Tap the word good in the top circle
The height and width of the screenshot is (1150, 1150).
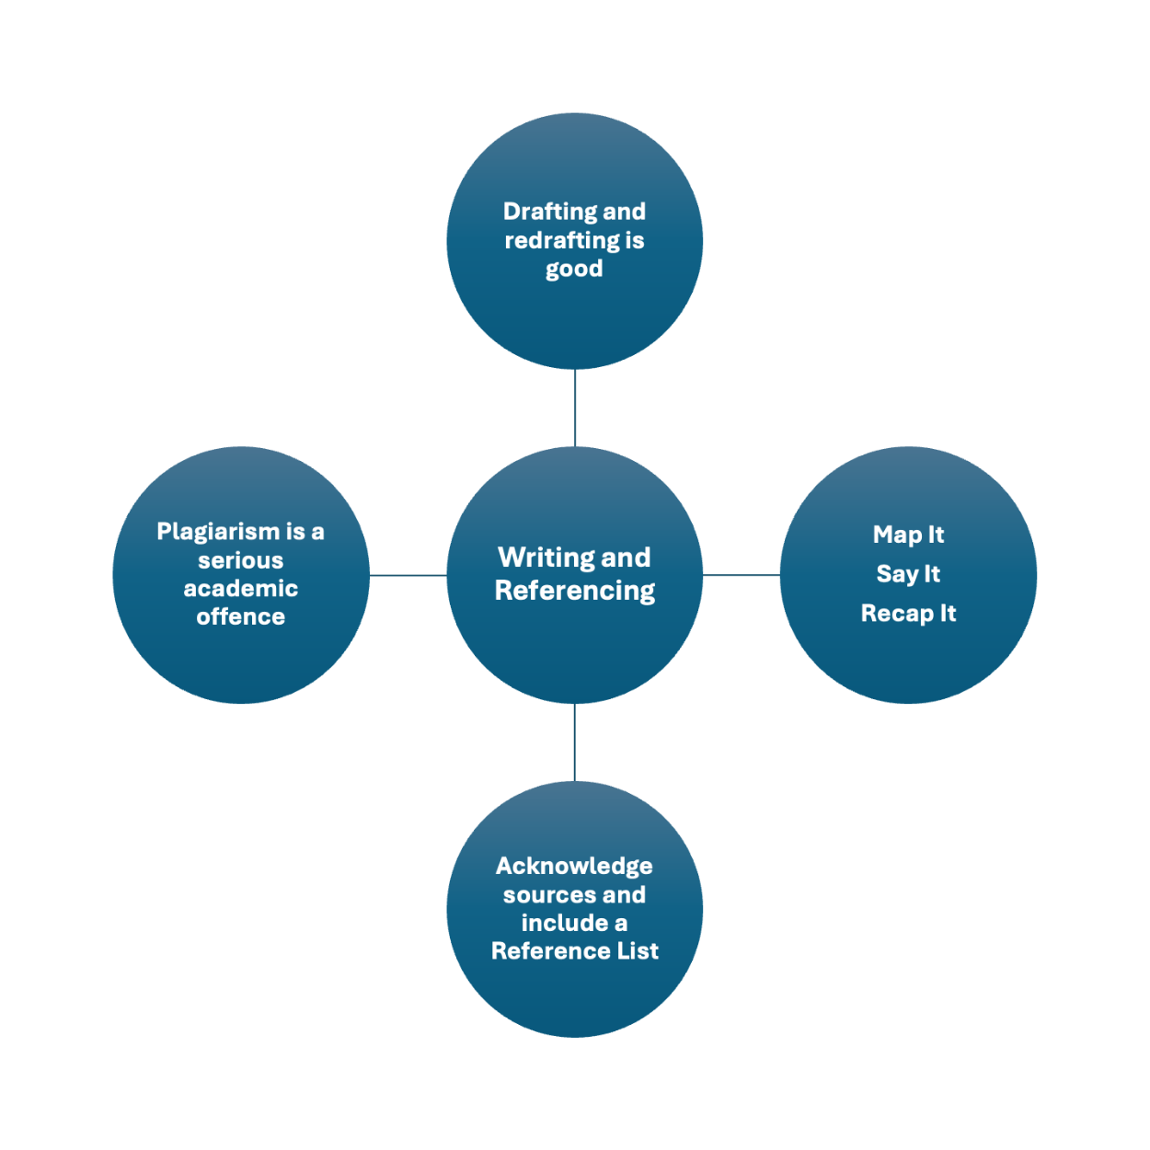coord(574,269)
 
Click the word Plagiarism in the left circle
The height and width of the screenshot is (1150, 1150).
coord(218,532)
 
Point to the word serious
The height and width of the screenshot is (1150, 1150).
coord(241,560)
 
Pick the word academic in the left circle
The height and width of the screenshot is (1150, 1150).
coord(241,589)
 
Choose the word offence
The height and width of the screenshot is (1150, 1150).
coord(241,616)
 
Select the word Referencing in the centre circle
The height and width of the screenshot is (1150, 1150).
coord(575,591)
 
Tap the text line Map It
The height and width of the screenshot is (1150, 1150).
coord(908,535)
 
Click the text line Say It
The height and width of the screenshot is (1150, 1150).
coord(908,574)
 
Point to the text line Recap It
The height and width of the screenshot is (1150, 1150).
coord(908,614)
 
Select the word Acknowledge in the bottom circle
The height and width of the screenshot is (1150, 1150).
coord(574,867)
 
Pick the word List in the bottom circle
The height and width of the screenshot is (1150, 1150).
coord(638,951)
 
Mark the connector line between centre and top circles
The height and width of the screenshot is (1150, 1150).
coord(575,408)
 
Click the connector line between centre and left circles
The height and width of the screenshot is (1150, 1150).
coord(408,575)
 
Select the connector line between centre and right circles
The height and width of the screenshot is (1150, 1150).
coord(742,575)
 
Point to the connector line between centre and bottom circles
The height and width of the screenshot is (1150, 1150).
coord(575,742)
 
